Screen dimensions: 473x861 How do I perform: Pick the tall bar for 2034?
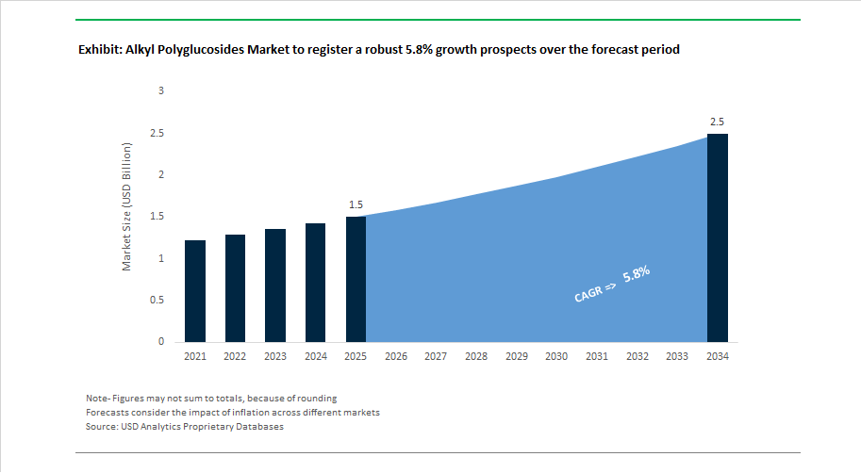tap(718, 236)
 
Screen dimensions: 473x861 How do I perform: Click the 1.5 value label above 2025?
tap(356, 204)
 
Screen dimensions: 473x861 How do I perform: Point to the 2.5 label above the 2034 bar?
tap(718, 122)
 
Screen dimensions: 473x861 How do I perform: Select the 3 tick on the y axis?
tap(160, 90)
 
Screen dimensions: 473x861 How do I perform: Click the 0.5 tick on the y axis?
tap(157, 300)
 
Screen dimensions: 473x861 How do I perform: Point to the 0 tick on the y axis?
tap(160, 341)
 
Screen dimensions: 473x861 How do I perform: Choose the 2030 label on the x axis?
tap(556, 357)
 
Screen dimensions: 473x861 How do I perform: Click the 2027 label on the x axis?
tap(436, 357)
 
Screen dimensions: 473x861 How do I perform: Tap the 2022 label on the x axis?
tap(235, 357)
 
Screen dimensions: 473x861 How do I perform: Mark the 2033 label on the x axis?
tap(677, 357)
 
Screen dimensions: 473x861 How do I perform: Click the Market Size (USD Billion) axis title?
tap(127, 207)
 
